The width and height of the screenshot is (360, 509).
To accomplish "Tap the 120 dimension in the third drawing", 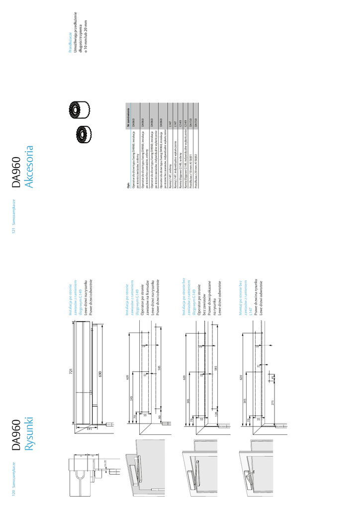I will tap(217, 414).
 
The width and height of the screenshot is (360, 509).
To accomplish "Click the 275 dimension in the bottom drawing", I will tap(273, 403).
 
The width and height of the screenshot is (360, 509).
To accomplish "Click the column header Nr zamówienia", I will tap(128, 118).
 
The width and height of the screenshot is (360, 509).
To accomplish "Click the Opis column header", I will tap(128, 182).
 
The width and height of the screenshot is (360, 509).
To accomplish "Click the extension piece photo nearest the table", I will tap(80, 134).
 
